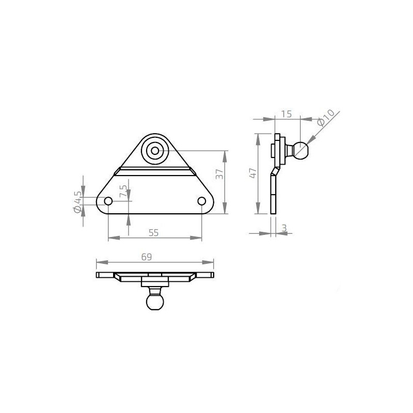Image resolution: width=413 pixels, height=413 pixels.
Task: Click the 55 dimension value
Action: click(153, 233)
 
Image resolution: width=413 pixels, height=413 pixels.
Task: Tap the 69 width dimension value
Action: click(147, 257)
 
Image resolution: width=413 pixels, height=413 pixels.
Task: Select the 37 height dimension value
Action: click(219, 174)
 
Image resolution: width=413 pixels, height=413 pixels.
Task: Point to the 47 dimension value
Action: click(252, 173)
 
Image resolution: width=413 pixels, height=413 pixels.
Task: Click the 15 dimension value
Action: click(287, 114)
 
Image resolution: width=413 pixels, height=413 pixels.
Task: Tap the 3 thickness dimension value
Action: click(284, 228)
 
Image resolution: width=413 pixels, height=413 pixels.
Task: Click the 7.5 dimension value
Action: click(123, 191)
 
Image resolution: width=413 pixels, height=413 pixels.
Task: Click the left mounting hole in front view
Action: click(108, 201)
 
